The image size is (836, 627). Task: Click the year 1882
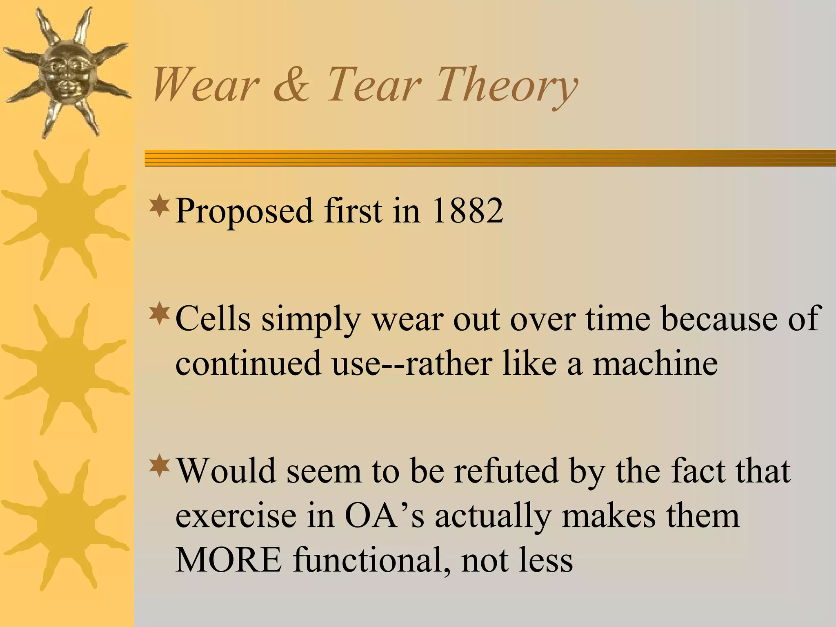pyautogui.click(x=467, y=211)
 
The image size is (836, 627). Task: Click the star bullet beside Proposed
pyautogui.click(x=160, y=206)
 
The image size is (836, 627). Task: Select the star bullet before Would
pyautogui.click(x=160, y=466)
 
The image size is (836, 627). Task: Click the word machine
pyautogui.click(x=655, y=363)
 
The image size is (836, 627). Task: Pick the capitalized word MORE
pyautogui.click(x=229, y=560)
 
